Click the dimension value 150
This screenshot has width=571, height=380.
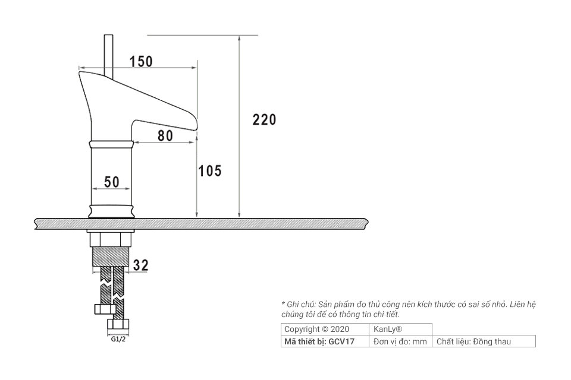tap(141, 61)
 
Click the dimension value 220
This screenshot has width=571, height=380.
tap(264, 119)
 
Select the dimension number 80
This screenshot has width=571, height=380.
tap(165, 135)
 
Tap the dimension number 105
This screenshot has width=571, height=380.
tap(209, 172)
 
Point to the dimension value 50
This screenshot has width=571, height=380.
tap(112, 182)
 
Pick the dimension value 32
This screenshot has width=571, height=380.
tap(141, 265)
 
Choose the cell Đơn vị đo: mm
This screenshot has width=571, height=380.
tap(400, 341)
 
